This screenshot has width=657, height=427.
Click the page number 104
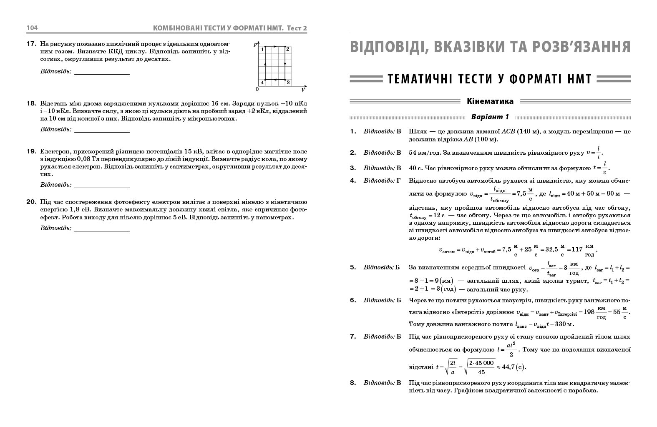32,28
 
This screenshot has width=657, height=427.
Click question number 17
32,44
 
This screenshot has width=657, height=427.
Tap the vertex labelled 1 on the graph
262,50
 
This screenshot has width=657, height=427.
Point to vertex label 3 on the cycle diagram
288,83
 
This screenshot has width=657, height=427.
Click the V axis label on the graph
303,90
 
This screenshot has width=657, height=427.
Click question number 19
32,151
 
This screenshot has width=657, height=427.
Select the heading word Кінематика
490,101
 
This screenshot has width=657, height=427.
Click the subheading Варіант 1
490,117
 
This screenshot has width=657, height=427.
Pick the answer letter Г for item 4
398,181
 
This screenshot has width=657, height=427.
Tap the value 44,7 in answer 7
508,367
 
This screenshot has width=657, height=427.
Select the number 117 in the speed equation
577,250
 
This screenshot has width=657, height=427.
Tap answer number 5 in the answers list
353,267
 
